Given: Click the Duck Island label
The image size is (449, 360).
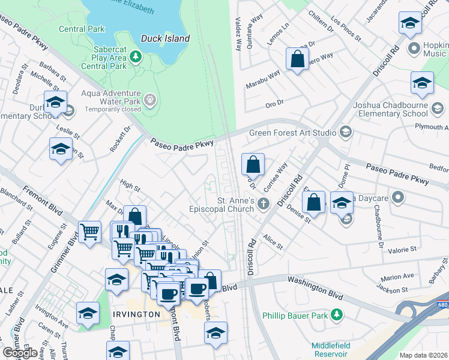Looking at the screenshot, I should pos(165,38).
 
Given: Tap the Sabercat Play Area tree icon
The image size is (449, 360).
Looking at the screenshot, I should pos(136,56).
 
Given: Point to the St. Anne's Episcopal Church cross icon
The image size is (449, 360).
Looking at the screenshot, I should pos(263,205).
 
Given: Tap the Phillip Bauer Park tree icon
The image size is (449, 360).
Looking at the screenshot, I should pos(337,314).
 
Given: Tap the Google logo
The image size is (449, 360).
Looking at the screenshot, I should pos(20,353).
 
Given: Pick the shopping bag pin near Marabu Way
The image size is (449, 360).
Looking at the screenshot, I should pos(297,60).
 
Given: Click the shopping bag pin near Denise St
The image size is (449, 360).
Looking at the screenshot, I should pos(314,203).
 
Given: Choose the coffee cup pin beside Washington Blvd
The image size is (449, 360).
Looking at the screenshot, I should pos(196,289).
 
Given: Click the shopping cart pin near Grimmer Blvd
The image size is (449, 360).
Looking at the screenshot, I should pos(89,232).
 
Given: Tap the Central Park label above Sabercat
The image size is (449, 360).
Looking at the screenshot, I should pos(82,29).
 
